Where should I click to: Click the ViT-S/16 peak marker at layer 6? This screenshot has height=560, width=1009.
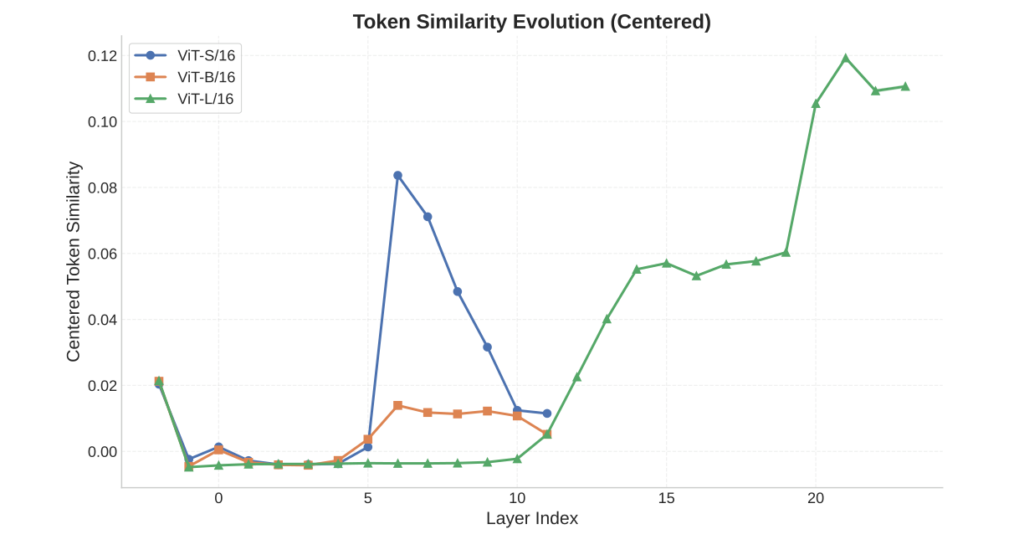[397, 176]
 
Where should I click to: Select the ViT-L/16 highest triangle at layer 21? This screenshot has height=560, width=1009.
[846, 59]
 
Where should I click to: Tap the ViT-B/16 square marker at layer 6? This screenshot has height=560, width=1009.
[397, 405]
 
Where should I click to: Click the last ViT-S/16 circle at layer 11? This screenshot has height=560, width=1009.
[547, 414]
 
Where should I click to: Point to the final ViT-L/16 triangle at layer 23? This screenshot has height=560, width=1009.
[905, 87]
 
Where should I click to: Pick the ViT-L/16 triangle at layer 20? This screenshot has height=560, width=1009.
[816, 104]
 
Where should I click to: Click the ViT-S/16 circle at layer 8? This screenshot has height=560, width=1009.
[458, 291]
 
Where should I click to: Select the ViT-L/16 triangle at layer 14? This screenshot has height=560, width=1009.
[637, 270]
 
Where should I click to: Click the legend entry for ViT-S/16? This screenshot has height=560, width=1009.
[206, 55]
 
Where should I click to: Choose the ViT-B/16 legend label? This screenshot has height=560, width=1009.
[206, 77]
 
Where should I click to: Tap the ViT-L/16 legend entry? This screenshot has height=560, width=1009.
[206, 99]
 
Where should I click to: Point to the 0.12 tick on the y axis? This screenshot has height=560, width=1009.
[102, 56]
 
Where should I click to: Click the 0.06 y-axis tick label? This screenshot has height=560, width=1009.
[102, 254]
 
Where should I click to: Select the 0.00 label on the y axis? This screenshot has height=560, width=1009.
[102, 452]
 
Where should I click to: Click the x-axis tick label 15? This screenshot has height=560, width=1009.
[666, 498]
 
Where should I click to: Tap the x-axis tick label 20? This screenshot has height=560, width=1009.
[816, 498]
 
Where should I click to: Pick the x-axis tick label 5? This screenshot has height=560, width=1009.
[367, 498]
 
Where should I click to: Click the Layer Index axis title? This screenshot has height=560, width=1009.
[532, 518]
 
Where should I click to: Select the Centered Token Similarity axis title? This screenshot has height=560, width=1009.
[74, 261]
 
